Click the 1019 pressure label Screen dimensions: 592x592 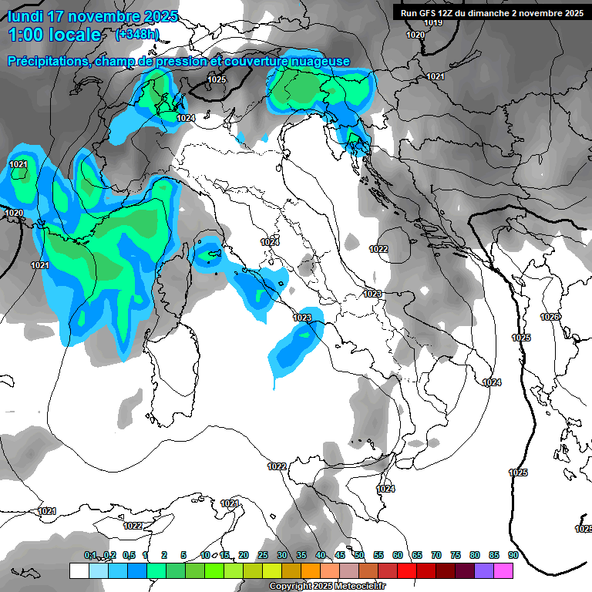click(x=434, y=22)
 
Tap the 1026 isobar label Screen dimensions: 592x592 click(x=550, y=318)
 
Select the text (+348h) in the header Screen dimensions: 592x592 click(x=137, y=34)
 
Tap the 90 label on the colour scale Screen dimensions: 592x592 click(x=513, y=555)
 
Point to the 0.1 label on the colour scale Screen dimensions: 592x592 click(x=90, y=555)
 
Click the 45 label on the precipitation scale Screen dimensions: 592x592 click(x=340, y=555)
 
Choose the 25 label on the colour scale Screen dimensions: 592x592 click(x=263, y=555)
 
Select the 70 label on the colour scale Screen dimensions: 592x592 click(x=436, y=555)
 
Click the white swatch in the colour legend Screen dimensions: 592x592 click(x=79, y=570)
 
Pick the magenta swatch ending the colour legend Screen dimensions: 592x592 click(x=503, y=570)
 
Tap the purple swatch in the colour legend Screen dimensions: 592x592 click(x=484, y=570)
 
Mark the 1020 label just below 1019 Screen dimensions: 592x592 click(x=415, y=35)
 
